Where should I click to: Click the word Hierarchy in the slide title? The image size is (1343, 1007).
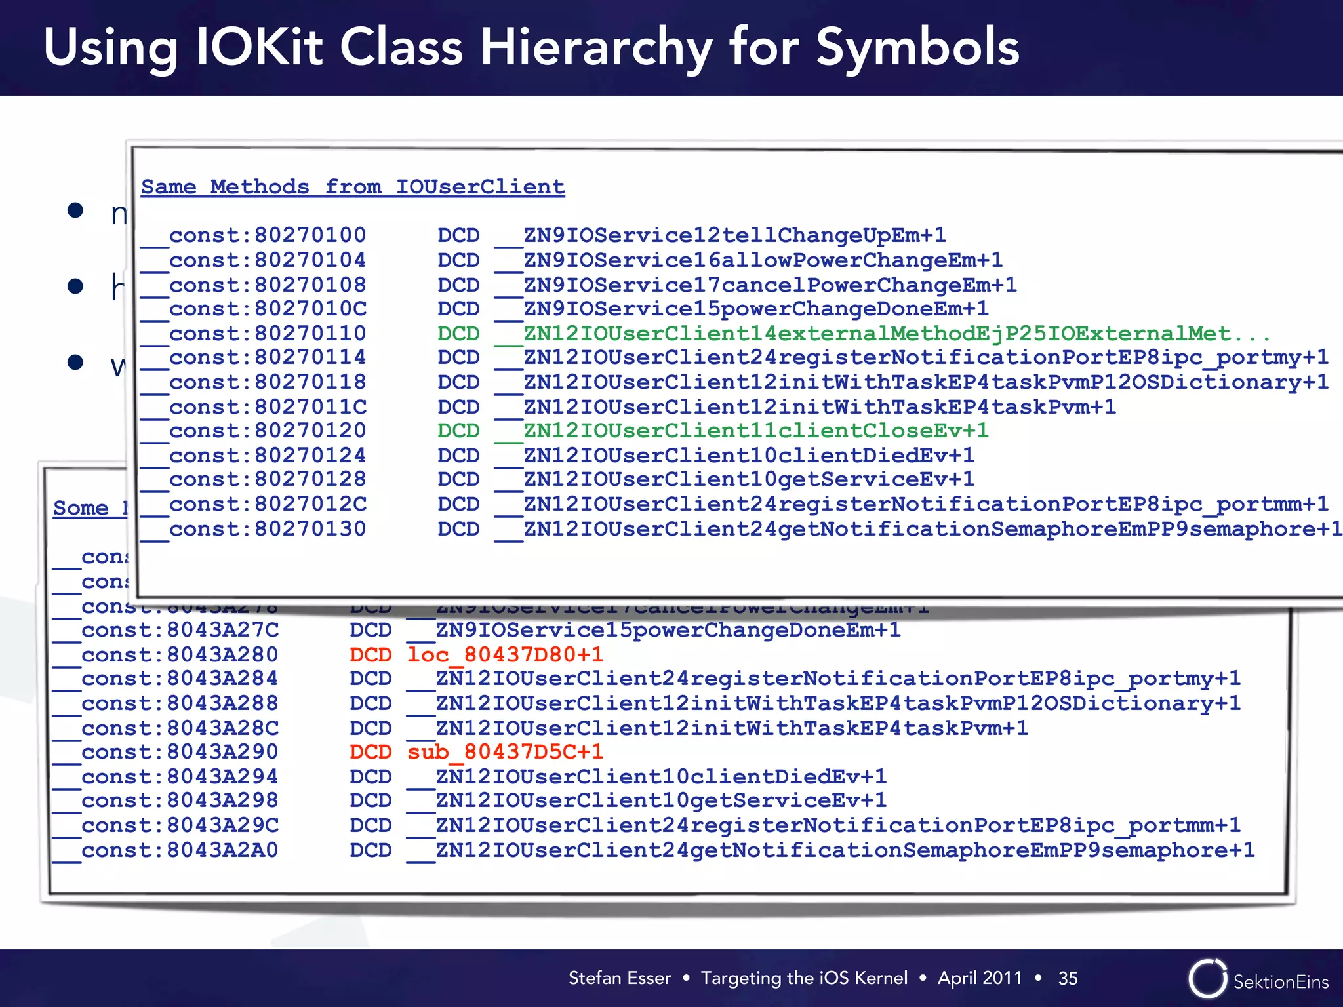pos(595,49)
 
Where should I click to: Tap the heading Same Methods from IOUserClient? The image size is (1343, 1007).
pos(353,187)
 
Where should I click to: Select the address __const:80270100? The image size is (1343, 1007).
pos(253,235)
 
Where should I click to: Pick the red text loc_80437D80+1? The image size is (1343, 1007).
pos(505,654)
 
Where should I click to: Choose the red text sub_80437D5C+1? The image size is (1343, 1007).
pos(505,752)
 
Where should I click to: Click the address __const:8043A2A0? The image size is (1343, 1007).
pos(165,850)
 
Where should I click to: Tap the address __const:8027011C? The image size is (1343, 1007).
pos(253,407)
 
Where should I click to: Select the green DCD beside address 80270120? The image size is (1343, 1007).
pos(458,431)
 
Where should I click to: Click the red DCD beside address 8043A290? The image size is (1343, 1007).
pos(371,752)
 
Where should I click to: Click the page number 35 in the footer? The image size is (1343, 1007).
pos(1068,978)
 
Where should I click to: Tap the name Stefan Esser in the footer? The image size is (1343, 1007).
pos(620,978)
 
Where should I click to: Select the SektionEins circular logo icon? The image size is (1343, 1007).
pos(1207,979)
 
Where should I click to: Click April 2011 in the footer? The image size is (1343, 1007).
pos(980,978)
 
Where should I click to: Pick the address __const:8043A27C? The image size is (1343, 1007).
pos(165,630)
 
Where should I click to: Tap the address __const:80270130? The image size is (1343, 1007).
pos(253,529)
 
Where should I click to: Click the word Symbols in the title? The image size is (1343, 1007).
pos(917,49)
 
